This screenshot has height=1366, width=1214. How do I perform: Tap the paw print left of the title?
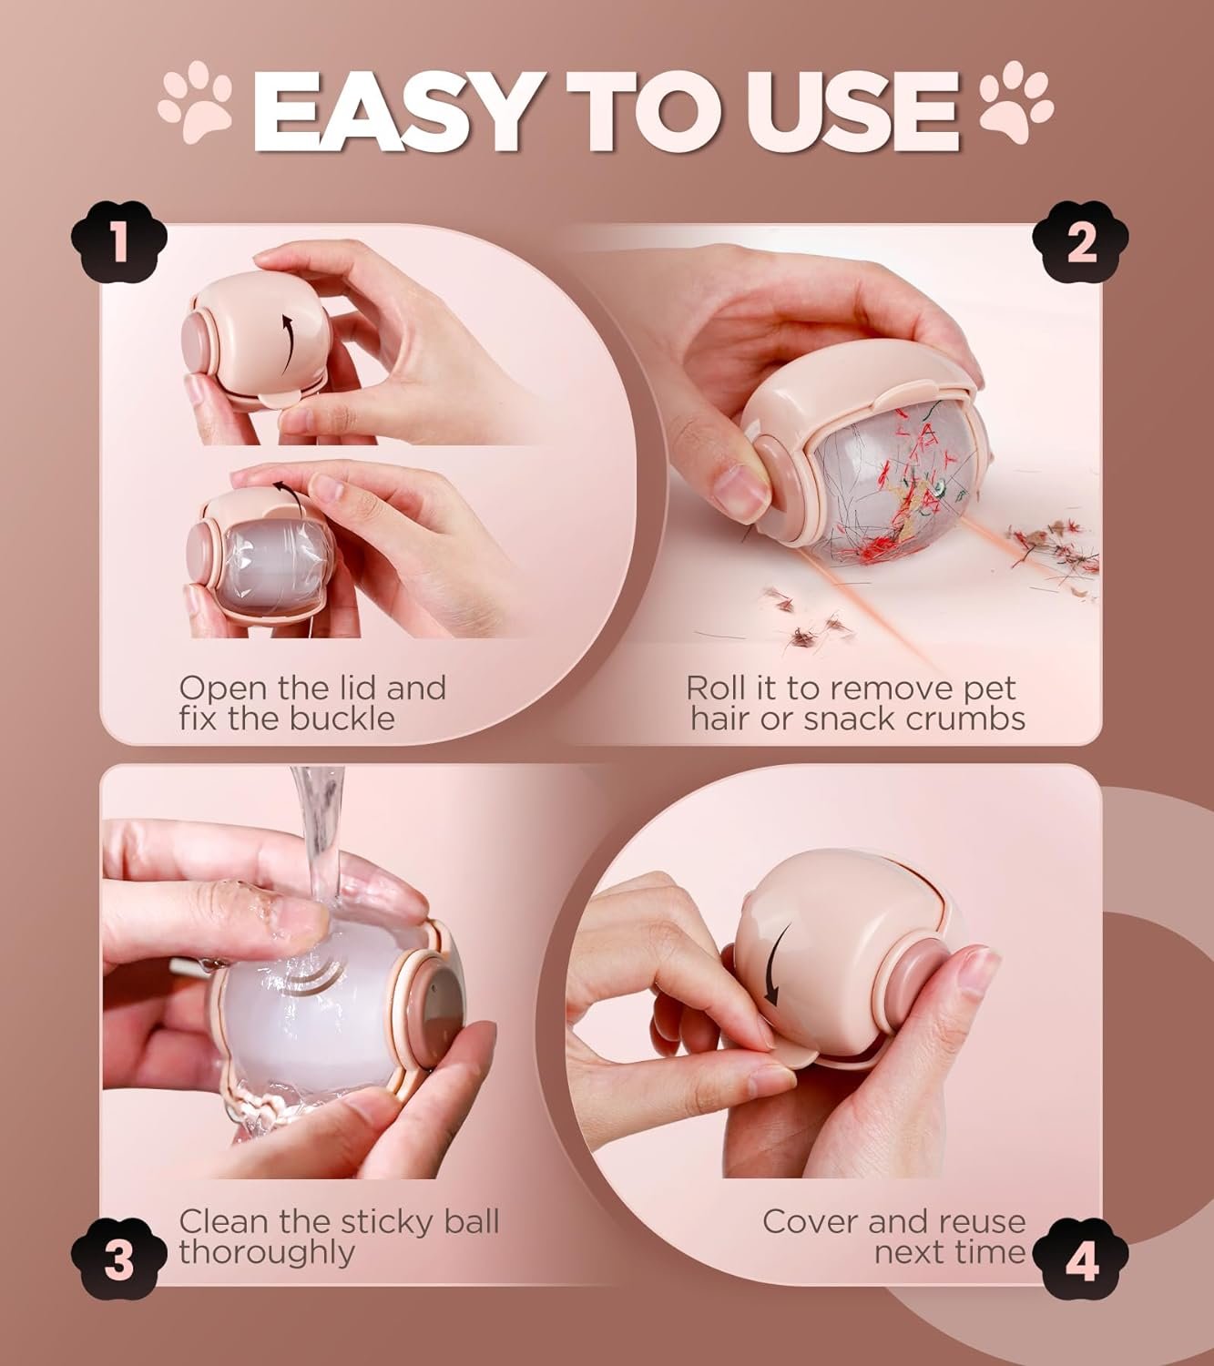point(195,100)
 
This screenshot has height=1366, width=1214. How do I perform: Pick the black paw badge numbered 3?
point(118,1259)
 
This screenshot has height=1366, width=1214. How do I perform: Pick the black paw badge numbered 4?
point(1080,1259)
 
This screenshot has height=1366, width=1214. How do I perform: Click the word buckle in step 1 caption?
point(342,718)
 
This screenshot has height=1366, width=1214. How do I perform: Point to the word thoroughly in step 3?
point(267,1253)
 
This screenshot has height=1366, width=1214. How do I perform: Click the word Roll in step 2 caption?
point(712,688)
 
